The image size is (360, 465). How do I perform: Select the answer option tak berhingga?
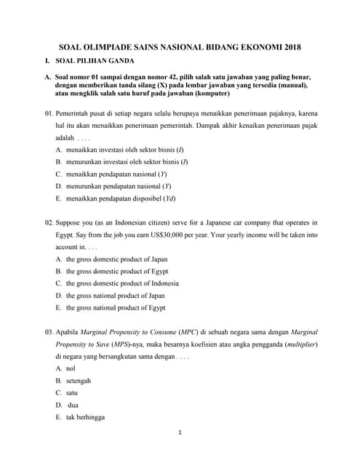[x=81, y=417]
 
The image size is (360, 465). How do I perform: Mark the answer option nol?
[x=71, y=368]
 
